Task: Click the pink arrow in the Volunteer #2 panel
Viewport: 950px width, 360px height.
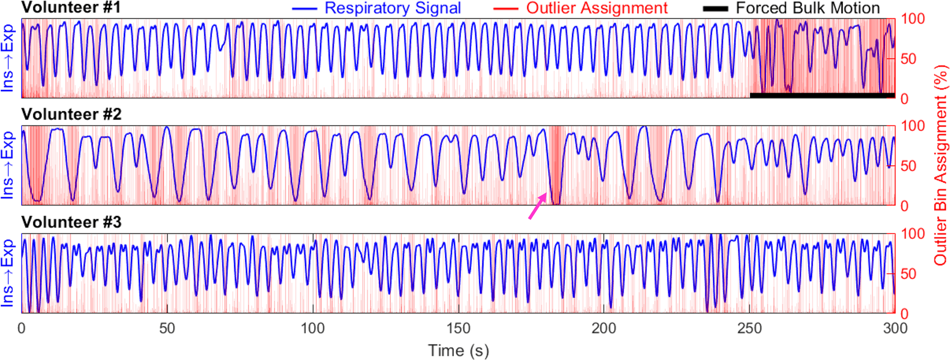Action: [537, 206]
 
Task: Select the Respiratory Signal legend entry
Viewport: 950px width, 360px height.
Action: [393, 8]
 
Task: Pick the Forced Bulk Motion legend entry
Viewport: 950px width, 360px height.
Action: [808, 8]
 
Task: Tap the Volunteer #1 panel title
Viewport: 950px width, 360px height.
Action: [71, 7]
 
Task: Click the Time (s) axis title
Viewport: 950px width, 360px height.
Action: [458, 350]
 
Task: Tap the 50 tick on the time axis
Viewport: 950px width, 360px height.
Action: [167, 327]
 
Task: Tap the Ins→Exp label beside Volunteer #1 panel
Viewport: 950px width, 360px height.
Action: [8, 58]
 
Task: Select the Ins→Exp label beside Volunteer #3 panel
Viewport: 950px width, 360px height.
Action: [8, 273]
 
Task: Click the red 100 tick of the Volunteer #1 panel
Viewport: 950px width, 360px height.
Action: [913, 18]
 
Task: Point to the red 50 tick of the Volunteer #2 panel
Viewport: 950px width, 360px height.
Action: [908, 166]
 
